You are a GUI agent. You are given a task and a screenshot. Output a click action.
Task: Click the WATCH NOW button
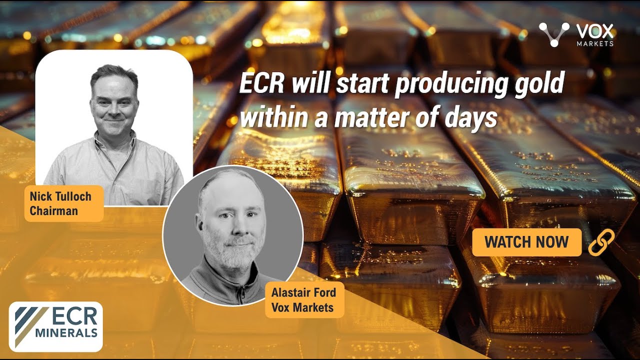[526, 242]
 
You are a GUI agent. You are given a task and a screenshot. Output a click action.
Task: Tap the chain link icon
[601, 242]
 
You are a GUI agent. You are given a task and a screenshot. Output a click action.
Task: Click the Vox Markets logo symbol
[554, 34]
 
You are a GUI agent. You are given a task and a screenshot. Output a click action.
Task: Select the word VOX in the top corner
[595, 31]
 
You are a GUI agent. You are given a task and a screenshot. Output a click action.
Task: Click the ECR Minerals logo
[56, 326]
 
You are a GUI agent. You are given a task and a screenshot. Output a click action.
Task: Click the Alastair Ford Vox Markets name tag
[304, 299]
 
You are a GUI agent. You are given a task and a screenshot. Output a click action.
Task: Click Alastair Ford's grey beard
[233, 255]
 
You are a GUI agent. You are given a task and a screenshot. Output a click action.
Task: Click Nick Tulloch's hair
[113, 74]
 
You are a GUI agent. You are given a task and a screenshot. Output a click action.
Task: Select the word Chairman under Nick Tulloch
[53, 210]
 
